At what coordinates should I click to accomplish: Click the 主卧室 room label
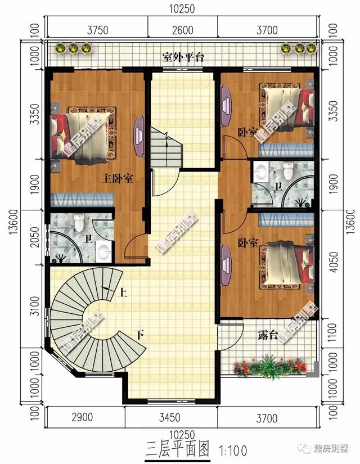117,179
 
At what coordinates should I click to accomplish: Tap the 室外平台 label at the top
182,57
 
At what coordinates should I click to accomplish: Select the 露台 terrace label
268,336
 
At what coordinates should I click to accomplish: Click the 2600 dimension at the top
182,30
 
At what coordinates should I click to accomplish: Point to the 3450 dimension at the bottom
169,418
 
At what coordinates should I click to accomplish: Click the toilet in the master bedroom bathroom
79,223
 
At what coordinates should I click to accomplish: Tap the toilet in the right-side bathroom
287,169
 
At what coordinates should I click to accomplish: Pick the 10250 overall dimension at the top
183,8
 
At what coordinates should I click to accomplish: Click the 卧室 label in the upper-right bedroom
247,133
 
